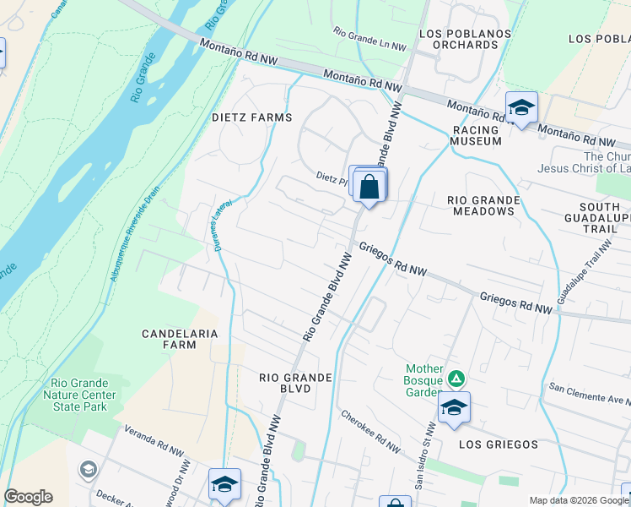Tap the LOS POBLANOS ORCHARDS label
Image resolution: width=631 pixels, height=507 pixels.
pos(458,39)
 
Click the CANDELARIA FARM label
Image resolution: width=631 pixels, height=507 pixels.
pos(180,339)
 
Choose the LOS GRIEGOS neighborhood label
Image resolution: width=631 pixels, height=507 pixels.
pos(499,444)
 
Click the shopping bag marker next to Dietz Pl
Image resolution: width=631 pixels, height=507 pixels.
pos(369,187)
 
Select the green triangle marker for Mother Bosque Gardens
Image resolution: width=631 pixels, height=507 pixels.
pos(456,378)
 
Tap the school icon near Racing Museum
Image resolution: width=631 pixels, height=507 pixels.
pos(521,107)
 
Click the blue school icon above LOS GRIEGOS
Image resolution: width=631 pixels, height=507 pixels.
pos(454,408)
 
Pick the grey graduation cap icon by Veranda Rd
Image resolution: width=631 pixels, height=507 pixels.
pos(88,469)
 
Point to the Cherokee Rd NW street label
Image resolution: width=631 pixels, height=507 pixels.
pos(369,430)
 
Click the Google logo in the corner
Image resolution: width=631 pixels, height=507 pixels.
pos(28,497)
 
